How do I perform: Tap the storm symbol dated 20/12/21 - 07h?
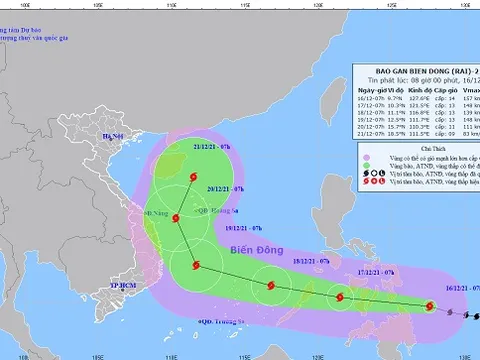[175, 217]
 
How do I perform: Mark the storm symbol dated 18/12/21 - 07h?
[269, 287]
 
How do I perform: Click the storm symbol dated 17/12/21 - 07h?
[340, 297]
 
